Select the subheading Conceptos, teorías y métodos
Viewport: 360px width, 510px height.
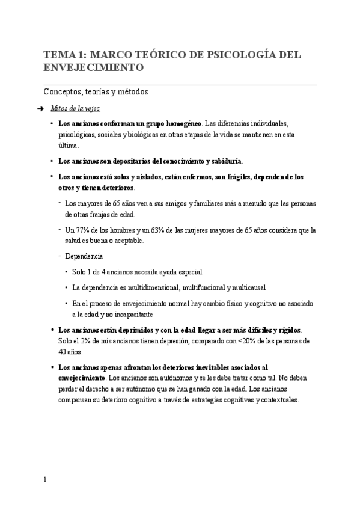click(x=96, y=92)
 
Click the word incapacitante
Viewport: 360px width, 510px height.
click(x=133, y=314)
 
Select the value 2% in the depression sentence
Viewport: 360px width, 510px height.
click(x=87, y=341)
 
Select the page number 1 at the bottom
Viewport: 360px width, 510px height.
click(x=45, y=479)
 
